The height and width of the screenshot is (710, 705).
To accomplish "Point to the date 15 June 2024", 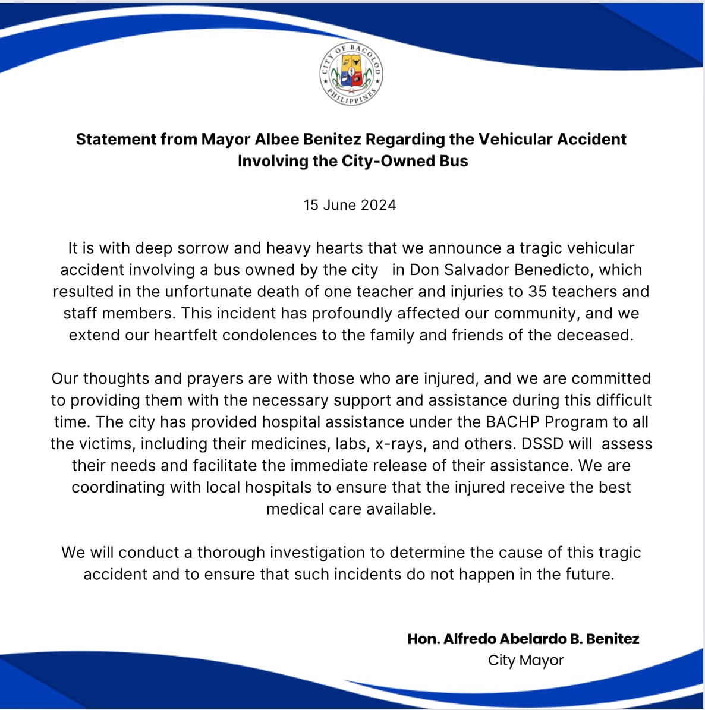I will [350, 205].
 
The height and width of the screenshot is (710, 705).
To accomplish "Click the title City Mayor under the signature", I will [525, 660].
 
